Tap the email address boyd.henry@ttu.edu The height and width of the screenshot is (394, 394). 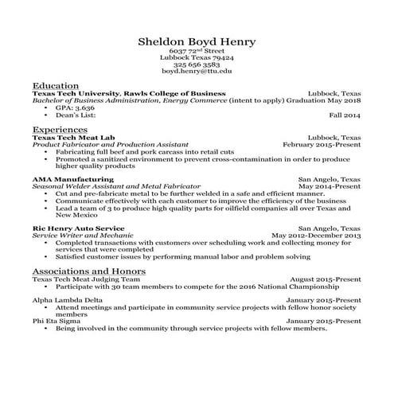point(196,71)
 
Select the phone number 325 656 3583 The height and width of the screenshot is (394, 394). point(196,64)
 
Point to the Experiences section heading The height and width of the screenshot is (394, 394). point(60,128)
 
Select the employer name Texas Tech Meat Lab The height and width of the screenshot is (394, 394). point(67,137)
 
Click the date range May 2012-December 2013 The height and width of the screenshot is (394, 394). point(316,236)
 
